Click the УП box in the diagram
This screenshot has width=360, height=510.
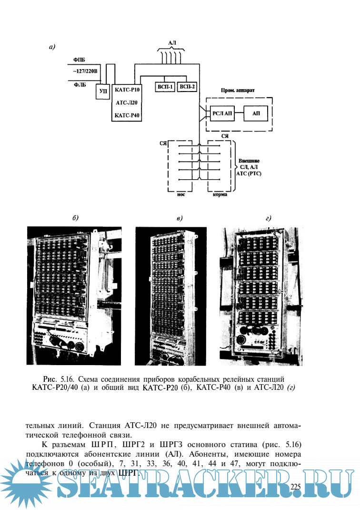coord(101,91)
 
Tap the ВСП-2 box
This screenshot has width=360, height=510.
coord(187,88)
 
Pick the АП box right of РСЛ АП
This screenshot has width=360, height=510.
coord(256,114)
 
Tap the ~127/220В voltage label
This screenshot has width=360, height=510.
coord(84,71)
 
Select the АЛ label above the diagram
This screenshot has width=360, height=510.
coord(172,43)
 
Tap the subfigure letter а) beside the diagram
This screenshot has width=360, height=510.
coord(52,47)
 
